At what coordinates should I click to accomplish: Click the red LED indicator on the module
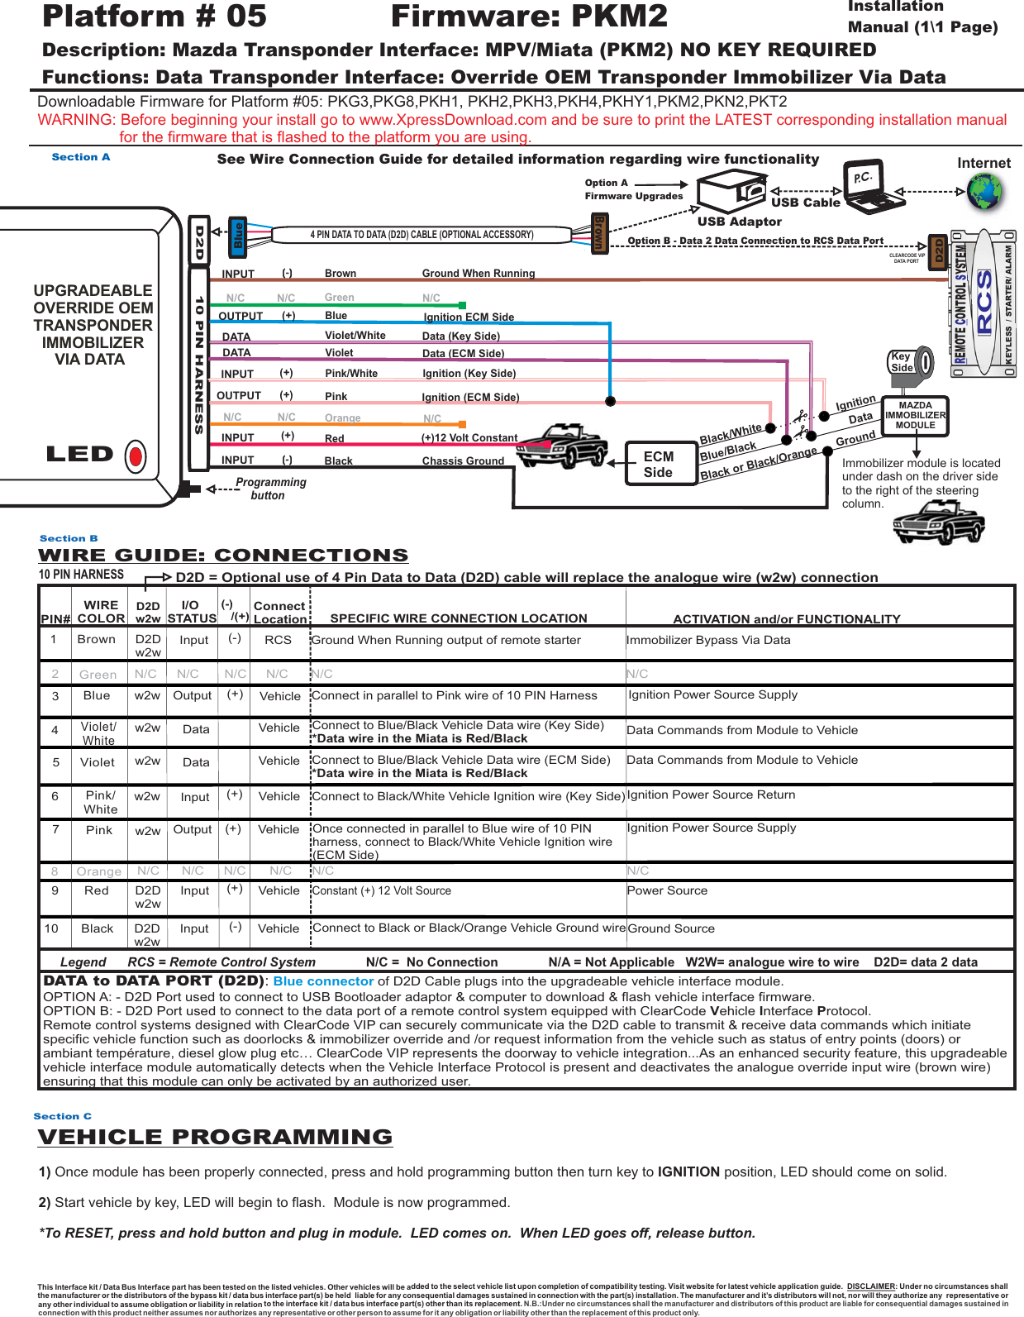click(136, 456)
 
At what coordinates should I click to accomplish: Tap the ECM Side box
click(659, 464)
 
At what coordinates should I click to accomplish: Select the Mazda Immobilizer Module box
click(915, 416)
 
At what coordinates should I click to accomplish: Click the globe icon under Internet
click(984, 192)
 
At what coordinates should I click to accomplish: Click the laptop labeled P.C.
click(870, 188)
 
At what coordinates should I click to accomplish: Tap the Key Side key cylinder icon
click(910, 362)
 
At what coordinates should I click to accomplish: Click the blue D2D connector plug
click(239, 234)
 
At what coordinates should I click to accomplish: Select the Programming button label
click(269, 489)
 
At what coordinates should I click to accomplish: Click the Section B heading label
click(69, 538)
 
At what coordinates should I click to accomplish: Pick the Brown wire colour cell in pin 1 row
click(97, 639)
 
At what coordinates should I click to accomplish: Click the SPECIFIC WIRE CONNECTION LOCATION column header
click(459, 618)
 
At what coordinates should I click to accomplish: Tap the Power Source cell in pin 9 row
click(667, 890)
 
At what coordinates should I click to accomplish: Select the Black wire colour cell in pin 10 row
click(98, 928)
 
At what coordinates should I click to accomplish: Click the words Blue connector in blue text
click(323, 981)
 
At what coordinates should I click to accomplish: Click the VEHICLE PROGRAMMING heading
click(216, 1137)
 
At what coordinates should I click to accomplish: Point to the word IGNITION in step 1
click(688, 1171)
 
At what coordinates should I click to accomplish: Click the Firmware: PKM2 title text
click(529, 17)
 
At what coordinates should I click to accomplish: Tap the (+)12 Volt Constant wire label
click(469, 438)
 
